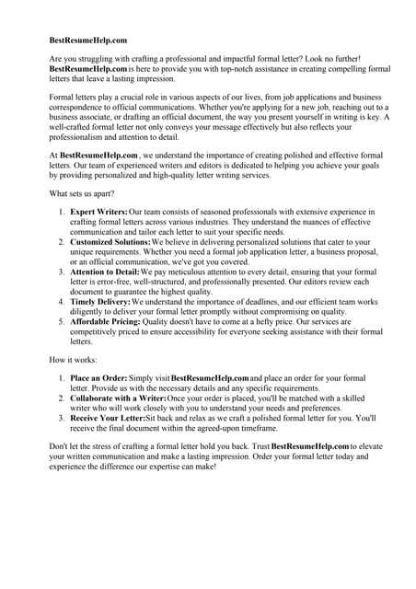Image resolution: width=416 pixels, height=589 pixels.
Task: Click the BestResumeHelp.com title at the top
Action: pos(87,40)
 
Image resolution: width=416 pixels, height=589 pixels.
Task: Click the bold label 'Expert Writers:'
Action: pos(99,212)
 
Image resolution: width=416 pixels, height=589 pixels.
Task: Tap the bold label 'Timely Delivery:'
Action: pos(100,301)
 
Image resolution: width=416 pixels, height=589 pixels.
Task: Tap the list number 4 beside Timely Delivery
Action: pos(62,301)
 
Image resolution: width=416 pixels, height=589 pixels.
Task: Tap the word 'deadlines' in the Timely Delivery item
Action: pos(272,301)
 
